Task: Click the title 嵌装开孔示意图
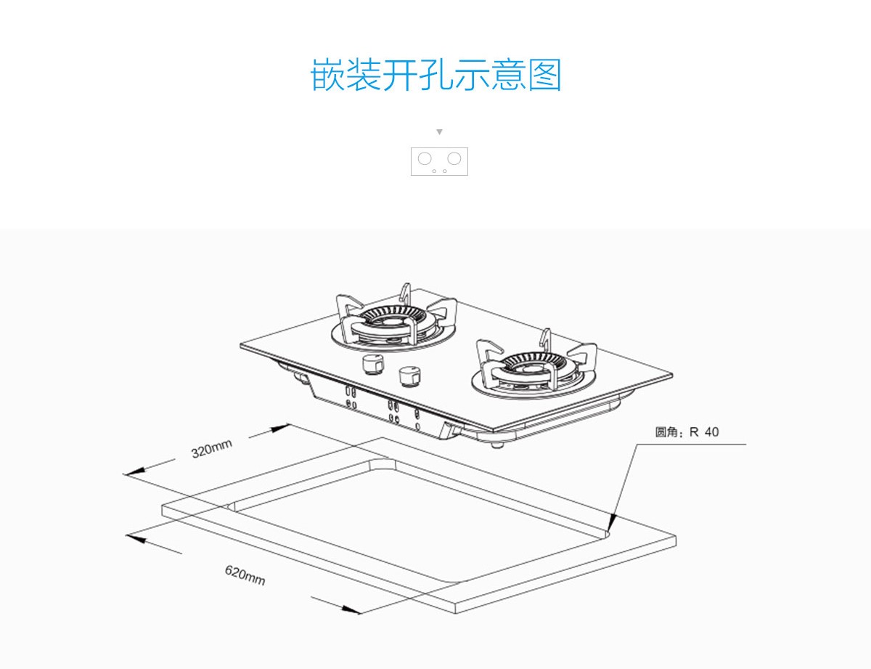tap(436, 76)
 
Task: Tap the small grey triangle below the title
tap(439, 132)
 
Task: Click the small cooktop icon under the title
tap(439, 161)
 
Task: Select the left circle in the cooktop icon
tap(425, 158)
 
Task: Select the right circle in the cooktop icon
tap(454, 158)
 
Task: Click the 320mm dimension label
tap(212, 450)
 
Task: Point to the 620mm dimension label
tap(245, 576)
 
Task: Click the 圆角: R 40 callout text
tap(687, 432)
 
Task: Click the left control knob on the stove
tap(374, 364)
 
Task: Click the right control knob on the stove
tap(409, 377)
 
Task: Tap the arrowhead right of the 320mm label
tap(280, 429)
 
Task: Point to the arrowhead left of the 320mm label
tap(131, 472)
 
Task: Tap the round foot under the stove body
tap(495, 443)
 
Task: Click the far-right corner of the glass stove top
tap(671, 376)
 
